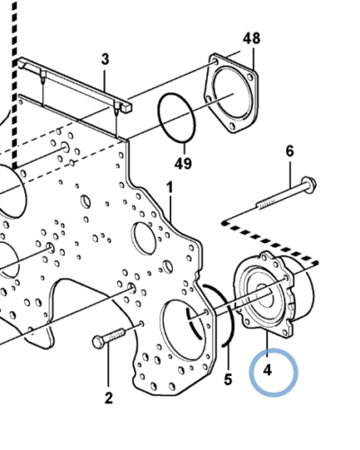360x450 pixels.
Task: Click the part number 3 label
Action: tap(104, 59)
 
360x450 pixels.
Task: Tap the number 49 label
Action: tap(184, 164)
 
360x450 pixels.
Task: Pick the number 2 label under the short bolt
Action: tap(108, 398)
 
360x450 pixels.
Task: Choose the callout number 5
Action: tap(228, 380)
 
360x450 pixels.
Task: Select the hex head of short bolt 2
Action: tap(98, 341)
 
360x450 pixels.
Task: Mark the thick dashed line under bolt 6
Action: tap(270, 238)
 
